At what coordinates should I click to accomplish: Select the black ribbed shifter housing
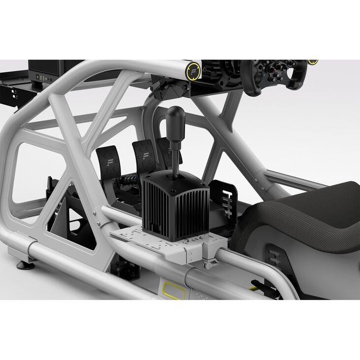[175, 204]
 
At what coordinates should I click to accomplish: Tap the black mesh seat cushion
[305, 217]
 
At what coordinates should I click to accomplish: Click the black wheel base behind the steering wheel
[222, 74]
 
